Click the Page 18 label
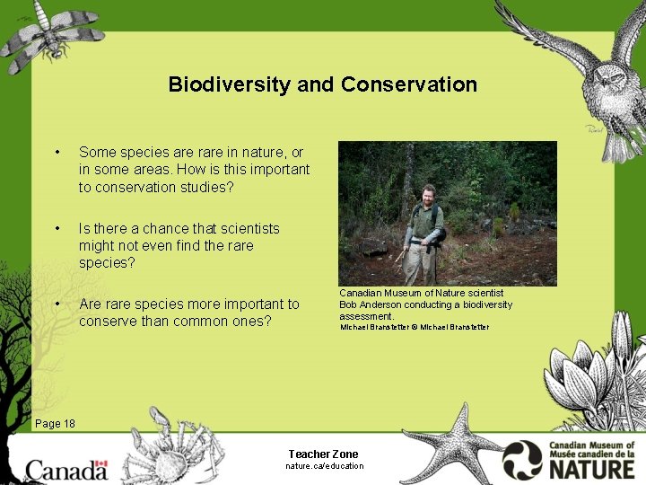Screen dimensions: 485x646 pos(55,424)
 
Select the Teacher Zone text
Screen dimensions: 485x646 pos(323,454)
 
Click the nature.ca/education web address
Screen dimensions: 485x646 pos(324,466)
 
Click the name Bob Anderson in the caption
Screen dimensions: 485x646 pos(370,304)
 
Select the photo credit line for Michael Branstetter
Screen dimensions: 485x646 pos(414,327)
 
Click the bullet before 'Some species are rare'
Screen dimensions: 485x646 pos(57,153)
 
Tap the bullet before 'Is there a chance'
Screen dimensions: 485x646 pos(57,229)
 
